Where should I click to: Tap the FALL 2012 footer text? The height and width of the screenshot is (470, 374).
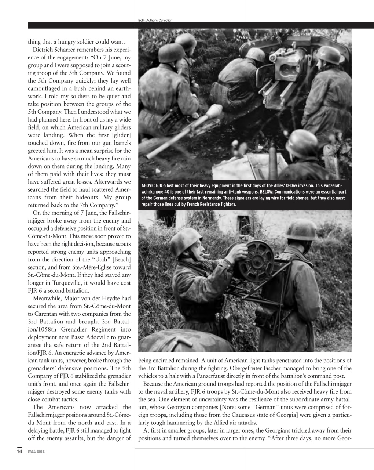(x=36, y=451)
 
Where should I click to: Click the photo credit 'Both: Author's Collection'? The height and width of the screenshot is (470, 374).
(x=155, y=21)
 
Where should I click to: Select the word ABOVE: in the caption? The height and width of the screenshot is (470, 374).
(x=148, y=185)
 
